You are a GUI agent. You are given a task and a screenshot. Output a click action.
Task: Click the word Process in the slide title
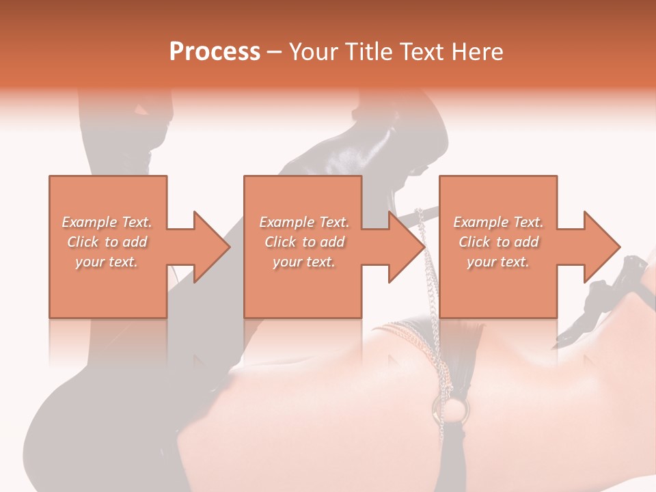pyautogui.click(x=215, y=52)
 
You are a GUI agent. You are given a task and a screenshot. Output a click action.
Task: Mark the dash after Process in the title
pyautogui.click(x=274, y=53)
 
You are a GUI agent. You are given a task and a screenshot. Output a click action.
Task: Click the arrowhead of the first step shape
pyautogui.click(x=209, y=247)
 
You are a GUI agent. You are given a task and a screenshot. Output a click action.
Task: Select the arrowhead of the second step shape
pyautogui.click(x=405, y=247)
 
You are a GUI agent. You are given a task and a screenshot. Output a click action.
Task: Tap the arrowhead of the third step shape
pyautogui.click(x=600, y=247)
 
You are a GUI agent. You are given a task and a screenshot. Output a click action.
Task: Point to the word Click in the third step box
pyautogui.click(x=475, y=242)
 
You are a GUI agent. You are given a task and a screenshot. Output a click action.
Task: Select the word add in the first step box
pyautogui.click(x=135, y=242)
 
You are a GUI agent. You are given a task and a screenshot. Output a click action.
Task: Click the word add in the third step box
pyautogui.click(x=527, y=242)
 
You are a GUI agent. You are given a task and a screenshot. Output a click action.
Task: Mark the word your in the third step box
pyautogui.click(x=481, y=262)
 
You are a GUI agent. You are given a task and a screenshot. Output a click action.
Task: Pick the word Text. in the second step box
pyautogui.click(x=333, y=222)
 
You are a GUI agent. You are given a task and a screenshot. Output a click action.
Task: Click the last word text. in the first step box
pyautogui.click(x=124, y=262)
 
